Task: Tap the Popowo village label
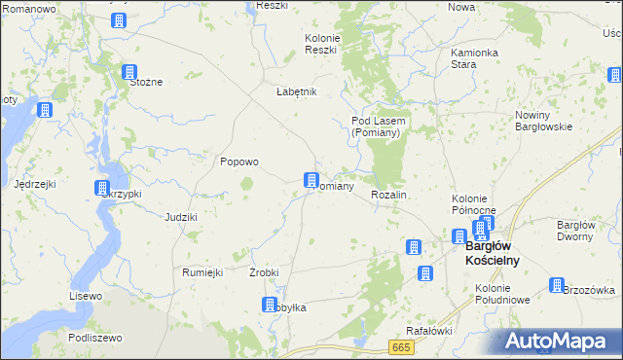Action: point(238,162)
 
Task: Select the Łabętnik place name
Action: point(297,91)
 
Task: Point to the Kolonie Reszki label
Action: point(320,43)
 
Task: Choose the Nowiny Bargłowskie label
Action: point(541,122)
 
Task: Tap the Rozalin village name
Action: point(388,196)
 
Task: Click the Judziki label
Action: point(181,217)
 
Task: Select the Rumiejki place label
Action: point(203,272)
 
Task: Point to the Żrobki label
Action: point(265,272)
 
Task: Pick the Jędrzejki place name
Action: point(35,183)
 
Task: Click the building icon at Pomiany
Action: point(311,179)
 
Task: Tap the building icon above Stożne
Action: point(129,71)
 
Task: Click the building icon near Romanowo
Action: point(119,19)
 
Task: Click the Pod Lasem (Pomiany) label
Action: point(378,126)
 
